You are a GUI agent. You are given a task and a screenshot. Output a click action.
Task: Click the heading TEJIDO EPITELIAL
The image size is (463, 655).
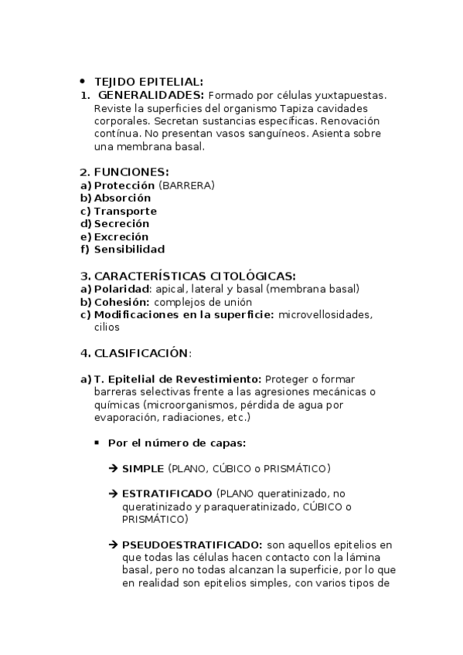coord(148,81)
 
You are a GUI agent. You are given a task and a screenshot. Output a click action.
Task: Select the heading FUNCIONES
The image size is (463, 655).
coord(131,172)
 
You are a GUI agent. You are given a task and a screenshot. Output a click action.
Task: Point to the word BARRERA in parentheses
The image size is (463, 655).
coord(186,185)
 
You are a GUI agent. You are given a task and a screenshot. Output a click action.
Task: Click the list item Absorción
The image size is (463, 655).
coord(122,198)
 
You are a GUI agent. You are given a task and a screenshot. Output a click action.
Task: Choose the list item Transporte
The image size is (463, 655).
coord(125,211)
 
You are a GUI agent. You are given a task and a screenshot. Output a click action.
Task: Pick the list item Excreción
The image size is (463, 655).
coord(121,236)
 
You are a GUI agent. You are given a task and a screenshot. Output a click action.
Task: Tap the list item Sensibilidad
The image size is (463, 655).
coord(129,249)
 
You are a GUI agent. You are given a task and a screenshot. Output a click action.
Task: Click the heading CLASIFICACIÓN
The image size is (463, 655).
coord(141,353)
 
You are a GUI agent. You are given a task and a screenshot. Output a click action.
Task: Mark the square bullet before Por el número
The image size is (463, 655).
coord(97,443)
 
